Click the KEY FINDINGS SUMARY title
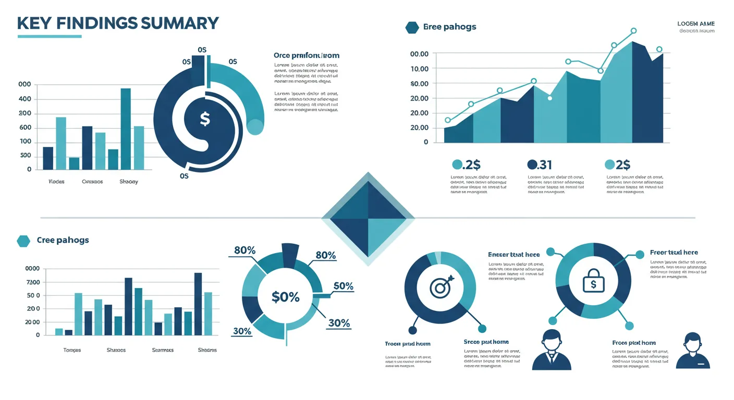(118, 23)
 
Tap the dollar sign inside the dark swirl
(205, 119)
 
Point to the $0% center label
(286, 297)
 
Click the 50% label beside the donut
(344, 286)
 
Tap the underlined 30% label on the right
(339, 323)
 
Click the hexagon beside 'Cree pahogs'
(23, 240)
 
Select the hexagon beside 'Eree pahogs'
(412, 27)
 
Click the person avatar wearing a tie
(552, 350)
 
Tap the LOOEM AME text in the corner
(696, 24)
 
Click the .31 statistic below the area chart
(540, 165)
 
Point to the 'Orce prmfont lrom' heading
(307, 55)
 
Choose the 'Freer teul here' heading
(674, 253)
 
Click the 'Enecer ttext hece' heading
(513, 255)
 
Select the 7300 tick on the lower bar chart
(32, 282)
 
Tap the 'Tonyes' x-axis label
(72, 350)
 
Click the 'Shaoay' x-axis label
(129, 182)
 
